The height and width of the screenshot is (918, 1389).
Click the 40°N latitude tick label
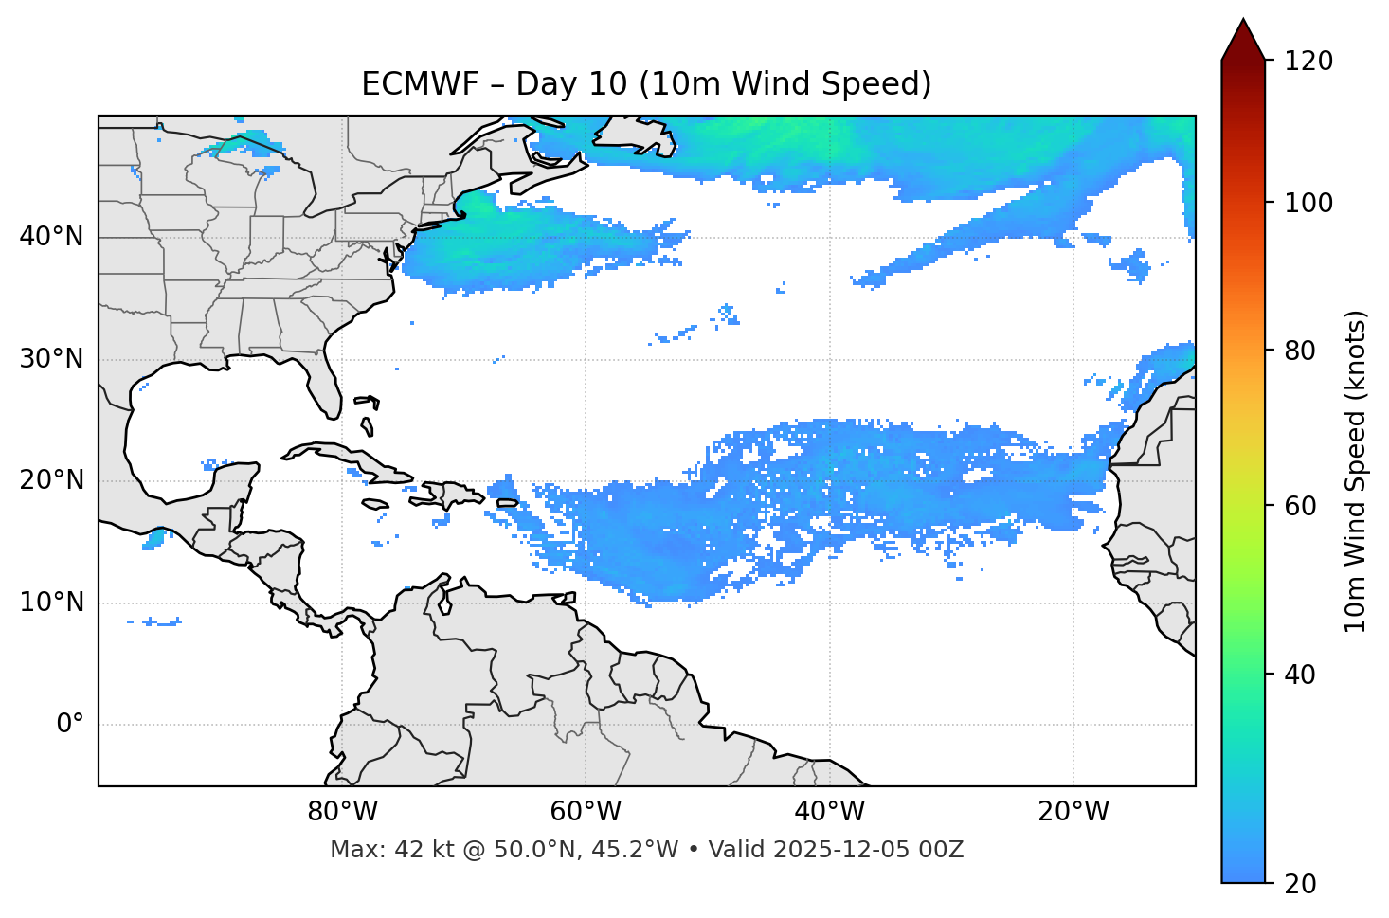tap(51, 237)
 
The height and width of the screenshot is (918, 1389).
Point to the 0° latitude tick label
tap(70, 725)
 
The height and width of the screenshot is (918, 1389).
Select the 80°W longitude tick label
tap(342, 812)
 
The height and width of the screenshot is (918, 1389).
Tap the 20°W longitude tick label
tap(1073, 812)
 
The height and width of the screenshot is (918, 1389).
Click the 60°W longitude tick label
tap(586, 812)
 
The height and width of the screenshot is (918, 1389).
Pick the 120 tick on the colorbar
tap(1308, 62)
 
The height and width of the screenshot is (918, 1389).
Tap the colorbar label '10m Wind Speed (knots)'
tap(1356, 471)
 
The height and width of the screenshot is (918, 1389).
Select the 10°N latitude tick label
tap(51, 603)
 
